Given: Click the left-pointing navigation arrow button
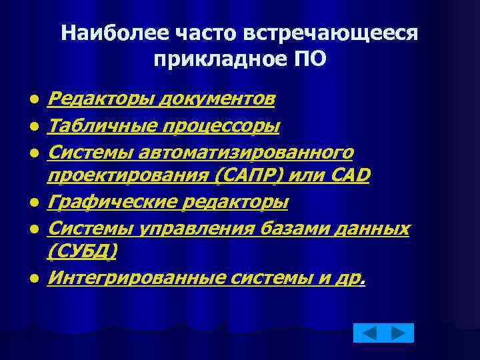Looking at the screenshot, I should pos(369,333).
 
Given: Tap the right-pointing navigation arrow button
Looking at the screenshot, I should pos(399,333).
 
